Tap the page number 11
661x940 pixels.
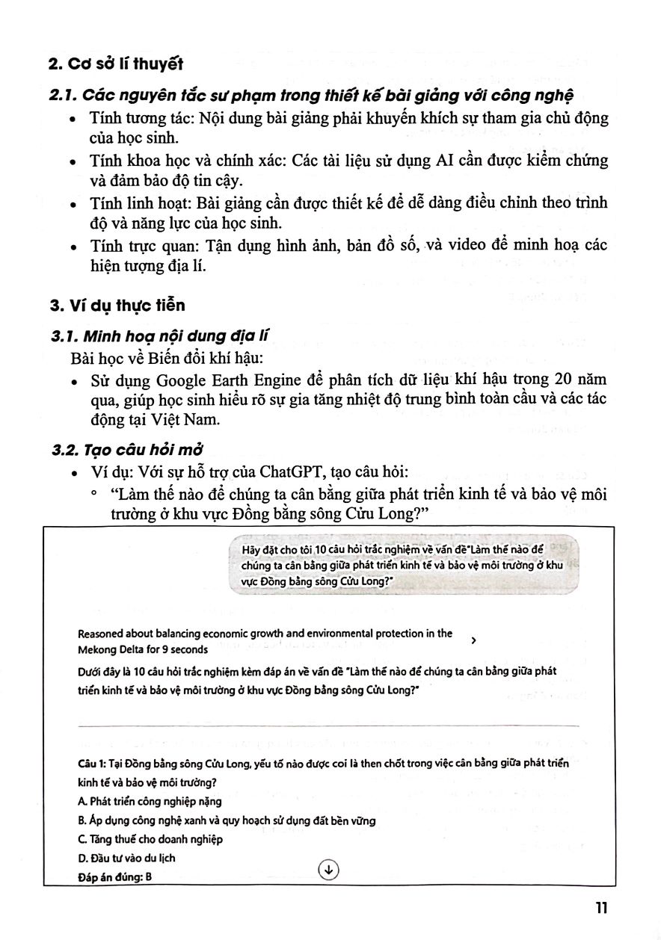603,908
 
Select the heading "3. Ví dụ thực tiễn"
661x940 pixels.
117,306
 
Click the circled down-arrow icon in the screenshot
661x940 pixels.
329,869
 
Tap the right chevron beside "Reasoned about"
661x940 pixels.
475,640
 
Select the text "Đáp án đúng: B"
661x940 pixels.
114,877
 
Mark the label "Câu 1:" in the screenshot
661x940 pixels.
92,764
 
